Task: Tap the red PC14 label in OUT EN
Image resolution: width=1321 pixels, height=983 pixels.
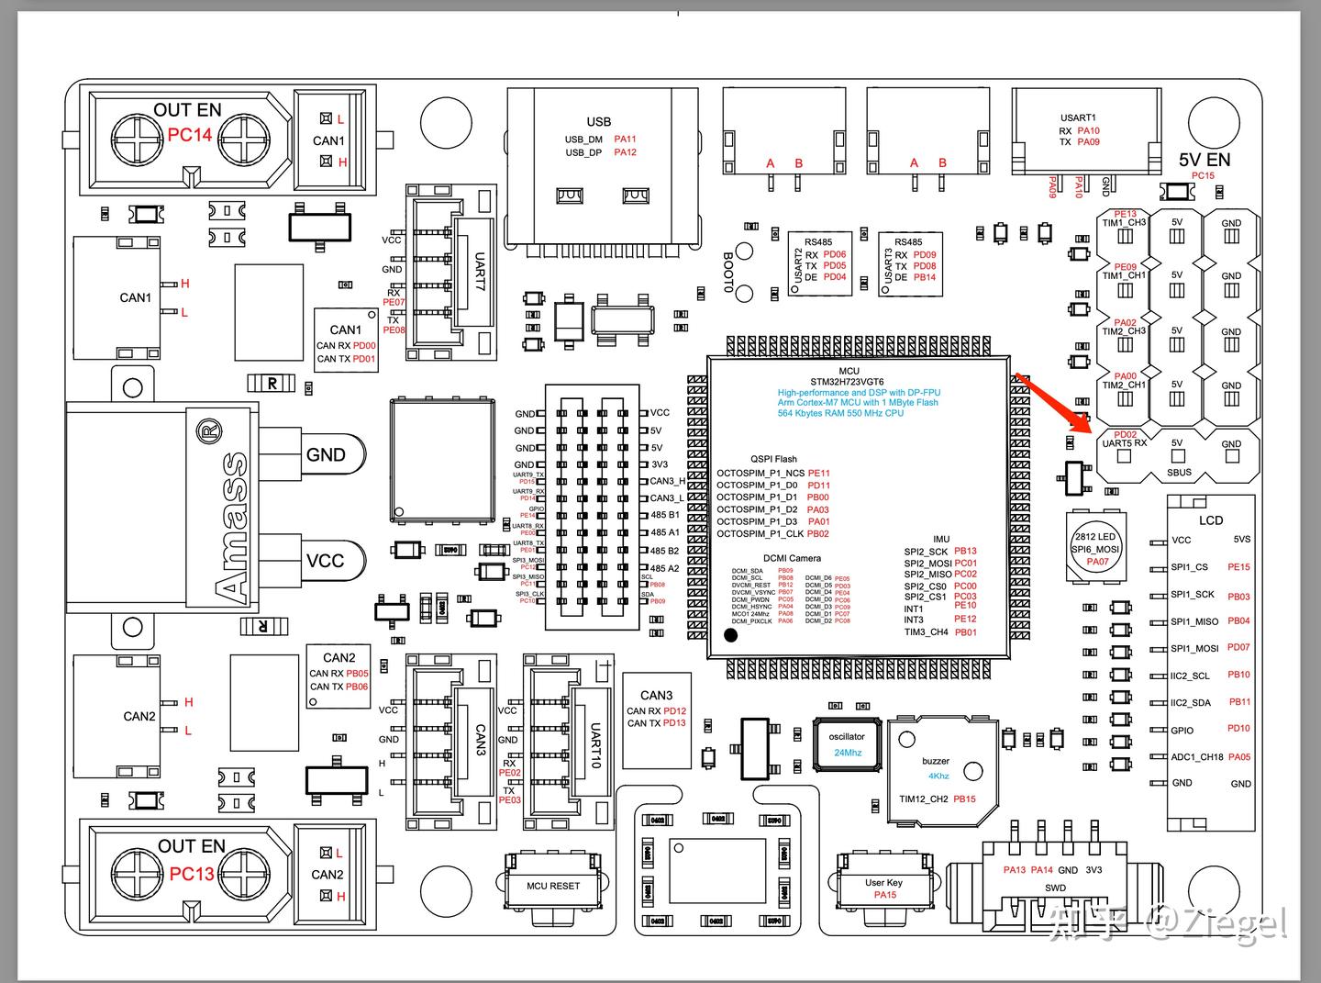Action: click(x=190, y=135)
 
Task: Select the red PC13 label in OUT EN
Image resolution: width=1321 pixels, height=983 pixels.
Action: click(x=192, y=874)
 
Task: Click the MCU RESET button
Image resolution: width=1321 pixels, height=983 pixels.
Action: click(x=552, y=886)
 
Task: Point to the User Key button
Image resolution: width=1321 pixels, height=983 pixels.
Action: click(x=883, y=883)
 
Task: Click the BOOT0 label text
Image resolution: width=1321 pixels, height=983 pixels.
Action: click(x=728, y=272)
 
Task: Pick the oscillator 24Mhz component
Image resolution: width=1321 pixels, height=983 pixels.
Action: click(x=847, y=743)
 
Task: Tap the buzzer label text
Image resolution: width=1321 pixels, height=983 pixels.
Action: click(x=936, y=761)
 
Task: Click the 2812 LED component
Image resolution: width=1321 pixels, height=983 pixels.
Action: click(x=1095, y=547)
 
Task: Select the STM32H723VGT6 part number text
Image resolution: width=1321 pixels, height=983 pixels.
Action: click(x=847, y=381)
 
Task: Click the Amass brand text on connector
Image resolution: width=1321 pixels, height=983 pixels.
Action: click(x=233, y=527)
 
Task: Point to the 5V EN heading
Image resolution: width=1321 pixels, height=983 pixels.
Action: click(x=1204, y=159)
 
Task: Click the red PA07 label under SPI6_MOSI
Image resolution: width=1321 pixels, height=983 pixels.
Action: click(x=1097, y=562)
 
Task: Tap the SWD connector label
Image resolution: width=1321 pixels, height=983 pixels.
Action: click(x=1055, y=888)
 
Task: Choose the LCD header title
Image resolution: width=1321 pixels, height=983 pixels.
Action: click(x=1211, y=520)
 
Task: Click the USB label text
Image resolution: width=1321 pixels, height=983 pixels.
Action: click(x=598, y=121)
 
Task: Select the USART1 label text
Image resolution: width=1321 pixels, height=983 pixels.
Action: click(x=1078, y=117)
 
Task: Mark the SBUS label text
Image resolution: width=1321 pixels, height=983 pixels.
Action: click(x=1179, y=473)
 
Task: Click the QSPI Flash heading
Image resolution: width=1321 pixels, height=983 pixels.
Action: click(x=773, y=459)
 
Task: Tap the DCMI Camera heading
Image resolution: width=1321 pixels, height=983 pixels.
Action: click(x=792, y=558)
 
